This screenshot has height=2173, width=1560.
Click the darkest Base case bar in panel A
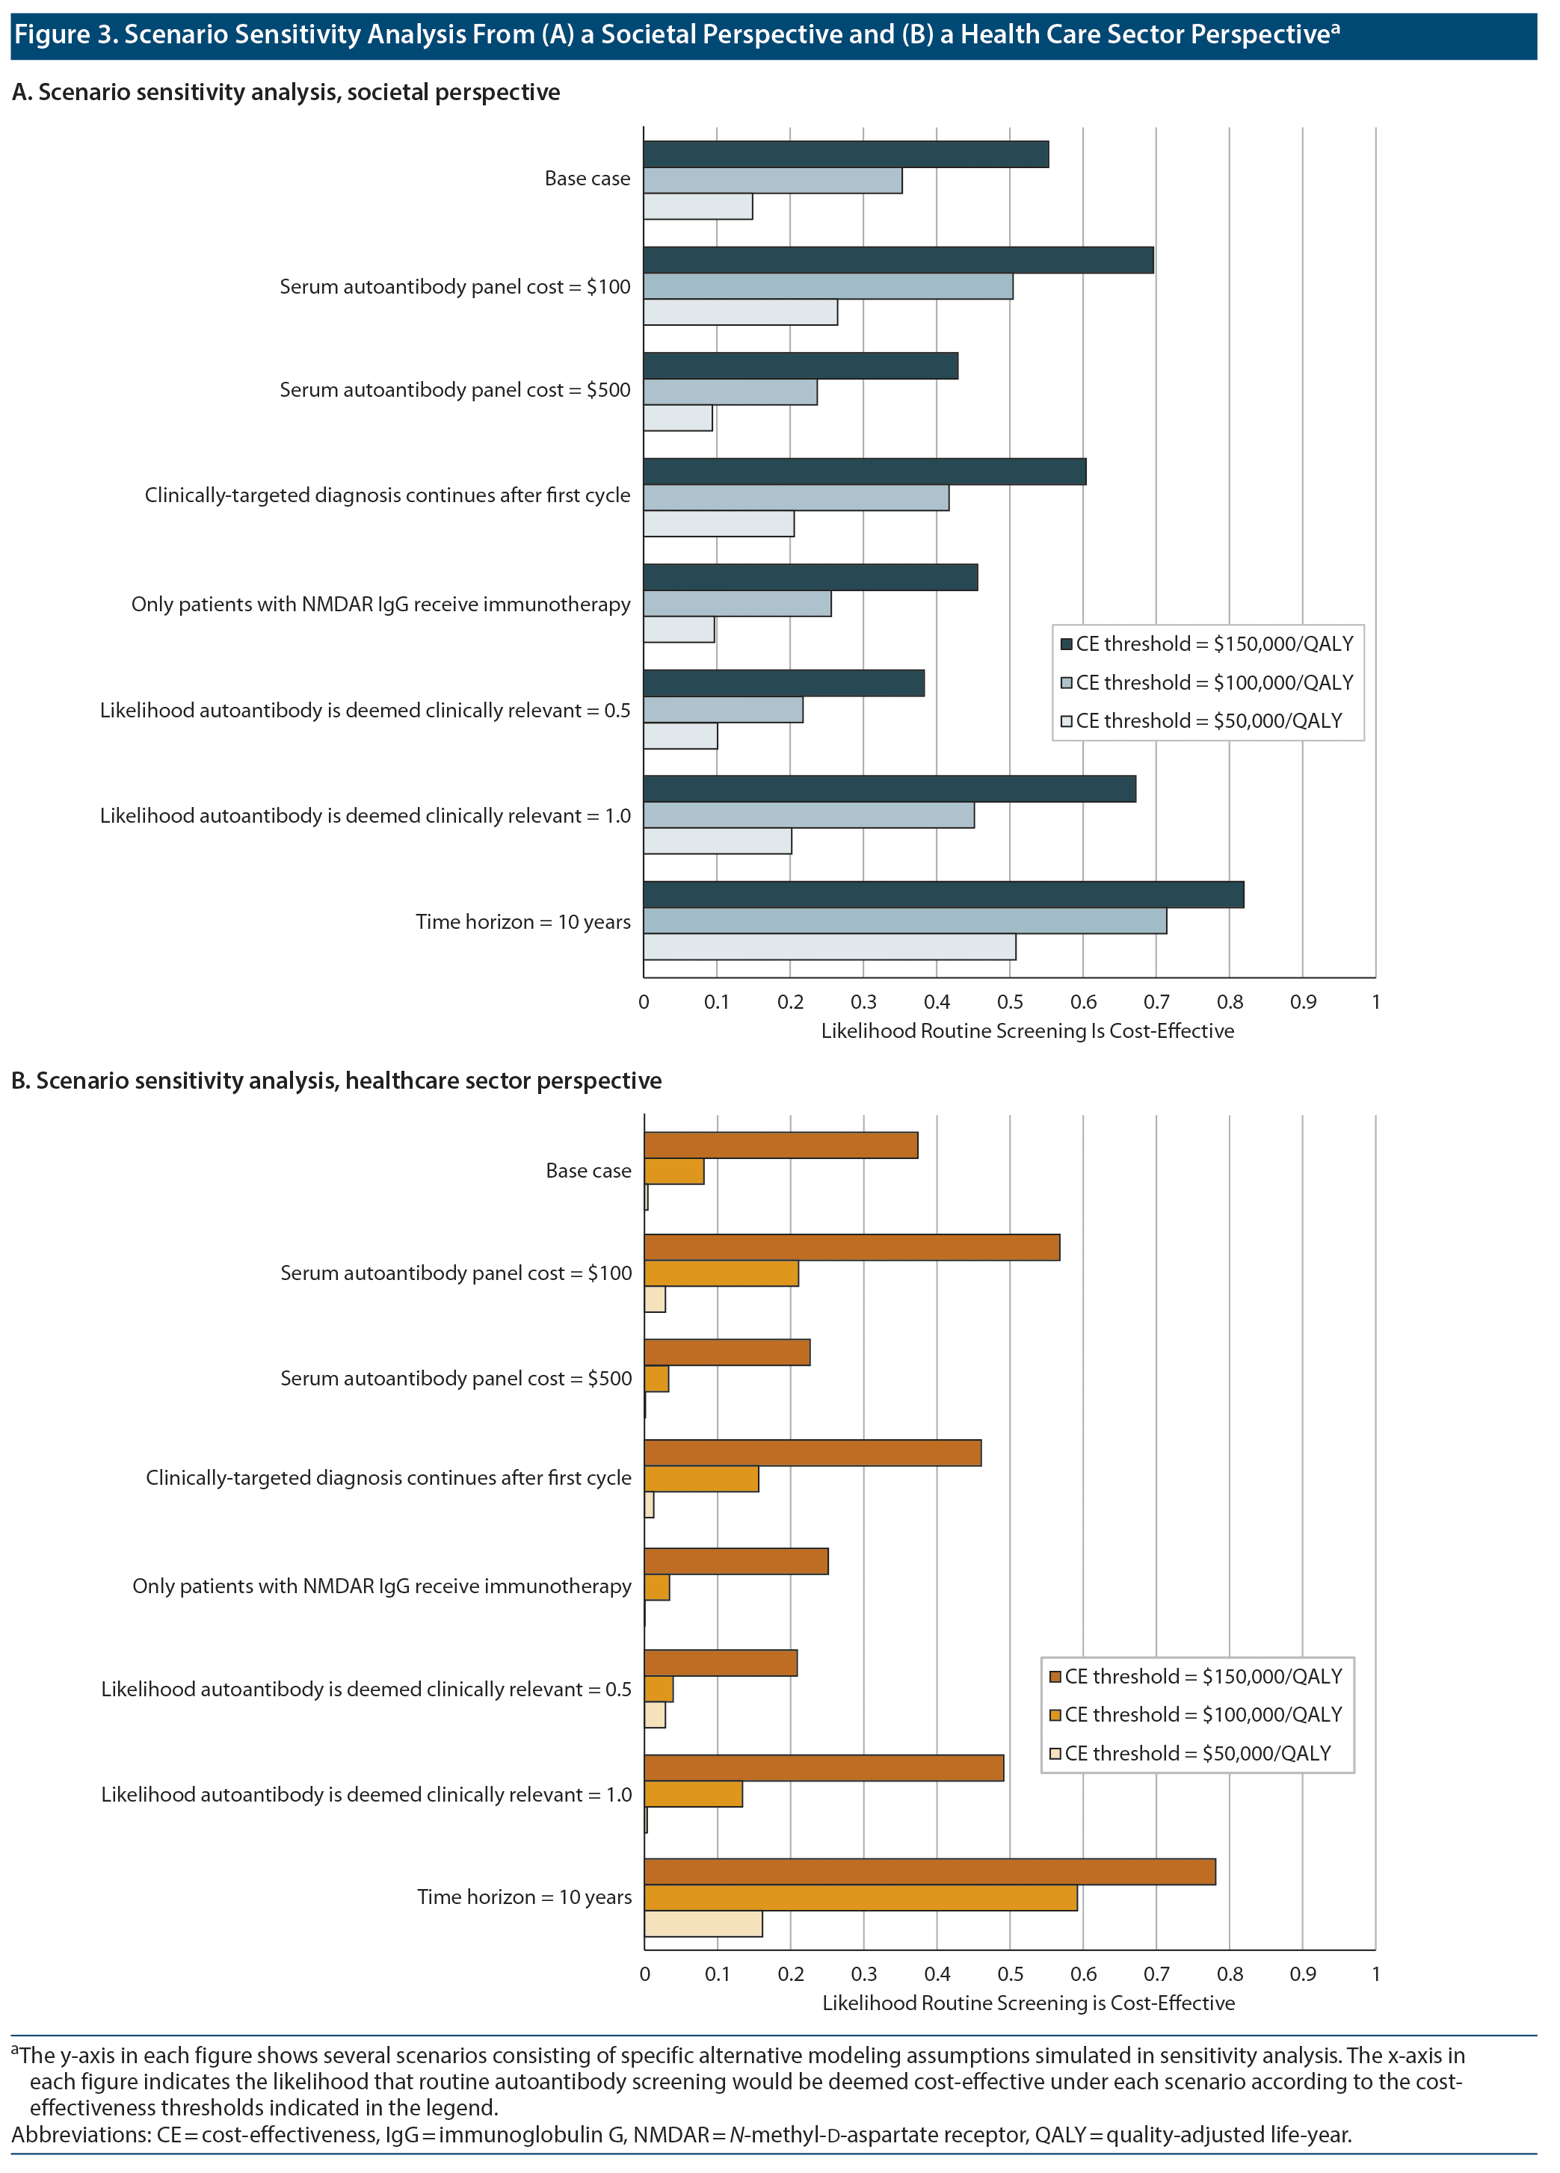[845, 154]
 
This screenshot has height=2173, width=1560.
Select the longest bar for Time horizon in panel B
[929, 1871]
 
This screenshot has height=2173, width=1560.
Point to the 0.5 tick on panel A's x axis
[1010, 1002]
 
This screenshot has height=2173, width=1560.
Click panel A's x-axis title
[1027, 1031]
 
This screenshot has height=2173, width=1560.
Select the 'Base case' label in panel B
[588, 1171]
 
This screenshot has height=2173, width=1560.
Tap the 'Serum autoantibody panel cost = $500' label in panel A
[455, 390]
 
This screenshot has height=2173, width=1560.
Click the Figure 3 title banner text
[676, 34]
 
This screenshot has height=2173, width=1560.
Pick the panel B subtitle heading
[336, 1081]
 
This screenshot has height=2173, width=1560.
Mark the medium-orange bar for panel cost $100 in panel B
[721, 1273]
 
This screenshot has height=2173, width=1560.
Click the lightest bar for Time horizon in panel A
[829, 947]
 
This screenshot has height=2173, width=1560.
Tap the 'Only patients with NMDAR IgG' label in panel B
[381, 1586]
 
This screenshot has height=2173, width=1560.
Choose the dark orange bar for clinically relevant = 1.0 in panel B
[823, 1769]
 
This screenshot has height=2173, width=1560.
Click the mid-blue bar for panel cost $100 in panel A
[828, 286]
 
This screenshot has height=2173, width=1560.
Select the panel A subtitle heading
[286, 92]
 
